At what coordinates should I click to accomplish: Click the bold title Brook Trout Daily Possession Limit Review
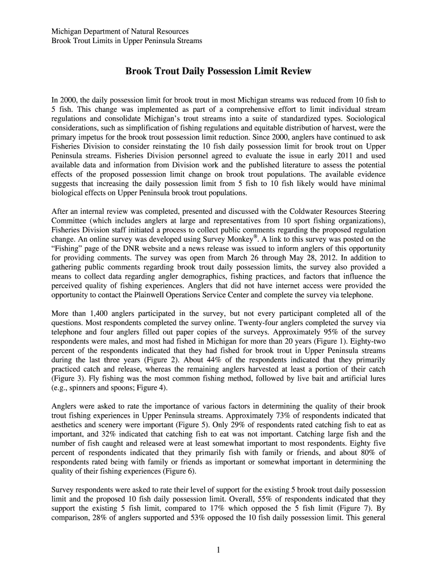pyautogui.click(x=218, y=72)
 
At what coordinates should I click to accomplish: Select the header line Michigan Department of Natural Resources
pyautogui.click(x=120, y=32)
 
